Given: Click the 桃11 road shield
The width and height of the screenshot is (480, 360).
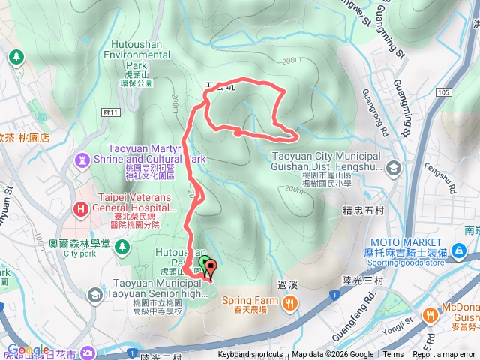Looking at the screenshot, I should click(110, 111).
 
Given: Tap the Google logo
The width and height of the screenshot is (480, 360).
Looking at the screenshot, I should click(28, 349).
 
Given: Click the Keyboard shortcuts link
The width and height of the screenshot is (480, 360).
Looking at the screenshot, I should click(250, 355).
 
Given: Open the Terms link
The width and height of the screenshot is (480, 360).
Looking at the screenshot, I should click(393, 355).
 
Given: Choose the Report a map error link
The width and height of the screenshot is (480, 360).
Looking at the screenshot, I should click(444, 355).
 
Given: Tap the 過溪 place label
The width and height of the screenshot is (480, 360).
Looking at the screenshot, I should click(288, 284).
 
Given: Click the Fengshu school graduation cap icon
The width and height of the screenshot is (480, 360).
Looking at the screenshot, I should click(392, 169).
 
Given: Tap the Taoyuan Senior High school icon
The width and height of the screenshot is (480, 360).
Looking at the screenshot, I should click(95, 295).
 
